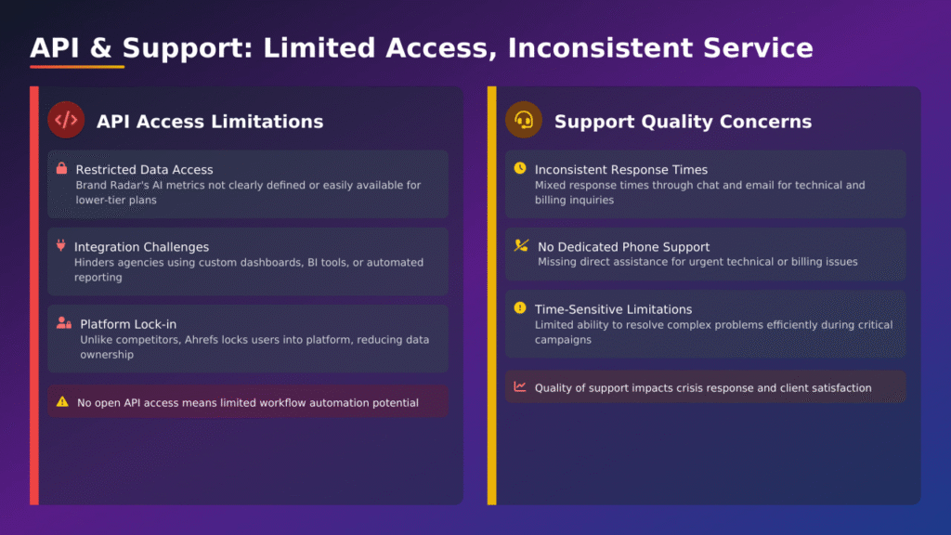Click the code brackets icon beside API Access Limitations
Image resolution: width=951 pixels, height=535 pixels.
click(x=66, y=120)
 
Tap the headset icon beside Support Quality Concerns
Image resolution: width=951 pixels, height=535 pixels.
click(x=524, y=120)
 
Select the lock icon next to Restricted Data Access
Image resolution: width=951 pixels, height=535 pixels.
click(x=61, y=169)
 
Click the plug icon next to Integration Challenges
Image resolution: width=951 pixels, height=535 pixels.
click(x=61, y=246)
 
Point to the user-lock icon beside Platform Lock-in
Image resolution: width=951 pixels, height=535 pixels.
click(x=63, y=323)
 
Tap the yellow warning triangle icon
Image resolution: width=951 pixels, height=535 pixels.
click(x=62, y=402)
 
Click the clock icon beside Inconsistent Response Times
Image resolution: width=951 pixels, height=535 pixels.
click(x=519, y=169)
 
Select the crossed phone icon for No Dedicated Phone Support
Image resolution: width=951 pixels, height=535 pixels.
click(x=521, y=246)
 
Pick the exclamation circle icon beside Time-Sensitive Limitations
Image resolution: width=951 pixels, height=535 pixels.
click(x=519, y=308)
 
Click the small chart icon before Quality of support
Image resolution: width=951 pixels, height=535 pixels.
click(x=520, y=387)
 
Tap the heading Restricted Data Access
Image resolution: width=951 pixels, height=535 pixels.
click(x=144, y=170)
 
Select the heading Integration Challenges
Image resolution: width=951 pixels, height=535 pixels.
click(x=141, y=247)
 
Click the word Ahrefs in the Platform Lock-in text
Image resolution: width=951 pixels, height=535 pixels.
click(x=220, y=340)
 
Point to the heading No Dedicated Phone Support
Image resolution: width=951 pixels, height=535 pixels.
click(x=623, y=247)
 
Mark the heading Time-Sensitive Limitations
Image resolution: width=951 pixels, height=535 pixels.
click(x=613, y=309)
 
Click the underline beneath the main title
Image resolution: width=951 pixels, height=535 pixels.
click(x=77, y=67)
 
